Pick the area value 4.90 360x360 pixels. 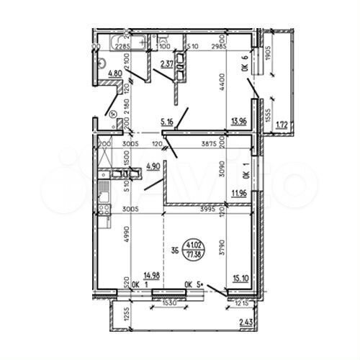[153, 166]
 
